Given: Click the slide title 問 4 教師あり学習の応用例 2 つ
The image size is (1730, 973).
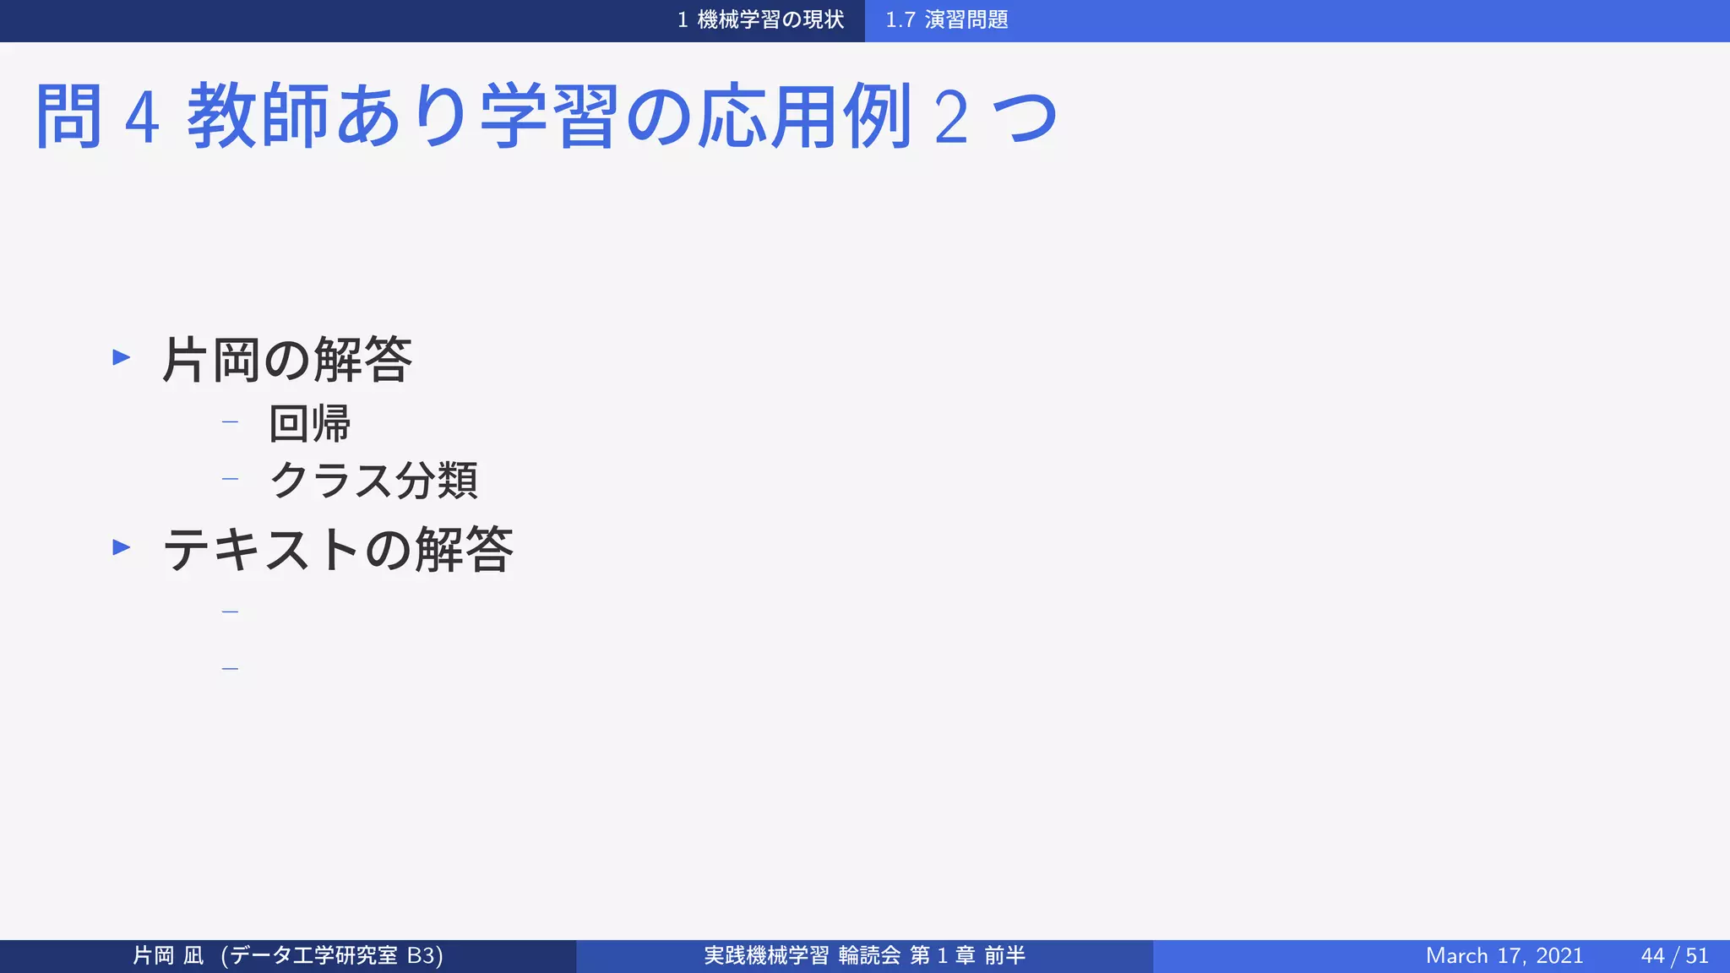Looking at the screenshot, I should click(545, 117).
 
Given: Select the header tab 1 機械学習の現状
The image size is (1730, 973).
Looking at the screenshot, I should click(760, 20).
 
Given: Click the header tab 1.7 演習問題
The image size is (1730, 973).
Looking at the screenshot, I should click(946, 20).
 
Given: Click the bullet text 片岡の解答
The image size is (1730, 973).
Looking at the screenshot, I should click(286, 360).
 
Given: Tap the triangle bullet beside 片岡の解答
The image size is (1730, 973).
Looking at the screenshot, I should click(122, 357).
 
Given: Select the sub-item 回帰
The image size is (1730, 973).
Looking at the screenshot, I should click(309, 423).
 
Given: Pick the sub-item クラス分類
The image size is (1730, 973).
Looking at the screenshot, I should click(373, 481).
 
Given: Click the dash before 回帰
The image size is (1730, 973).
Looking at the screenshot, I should click(230, 421).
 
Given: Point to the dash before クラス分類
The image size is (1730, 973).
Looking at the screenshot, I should click(230, 479).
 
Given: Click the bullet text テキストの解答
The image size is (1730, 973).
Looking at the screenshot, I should click(337, 549).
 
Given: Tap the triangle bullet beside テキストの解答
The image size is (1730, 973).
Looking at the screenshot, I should click(122, 547).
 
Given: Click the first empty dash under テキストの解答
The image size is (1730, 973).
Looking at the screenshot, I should click(230, 612).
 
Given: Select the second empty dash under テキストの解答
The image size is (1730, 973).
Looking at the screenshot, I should click(230, 669).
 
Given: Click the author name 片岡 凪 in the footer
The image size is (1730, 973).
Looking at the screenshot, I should click(168, 956).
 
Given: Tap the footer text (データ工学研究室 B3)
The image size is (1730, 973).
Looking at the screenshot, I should click(332, 956).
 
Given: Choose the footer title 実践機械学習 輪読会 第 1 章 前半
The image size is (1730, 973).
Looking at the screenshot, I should click(864, 956).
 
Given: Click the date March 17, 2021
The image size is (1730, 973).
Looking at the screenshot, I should click(1504, 956).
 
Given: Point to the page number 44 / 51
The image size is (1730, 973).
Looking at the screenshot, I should click(1674, 956).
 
